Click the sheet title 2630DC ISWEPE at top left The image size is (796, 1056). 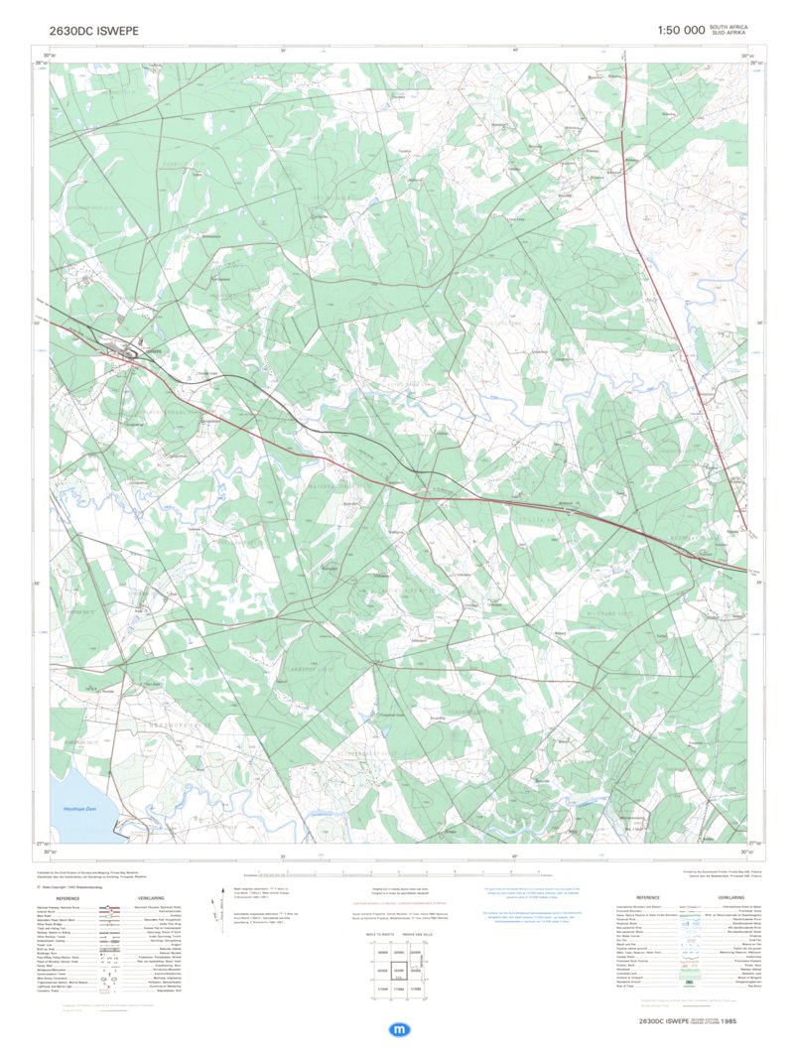[x=94, y=31]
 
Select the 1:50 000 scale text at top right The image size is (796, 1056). [x=680, y=31]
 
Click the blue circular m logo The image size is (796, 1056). [x=399, y=1030]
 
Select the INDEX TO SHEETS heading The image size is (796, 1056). [x=378, y=936]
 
